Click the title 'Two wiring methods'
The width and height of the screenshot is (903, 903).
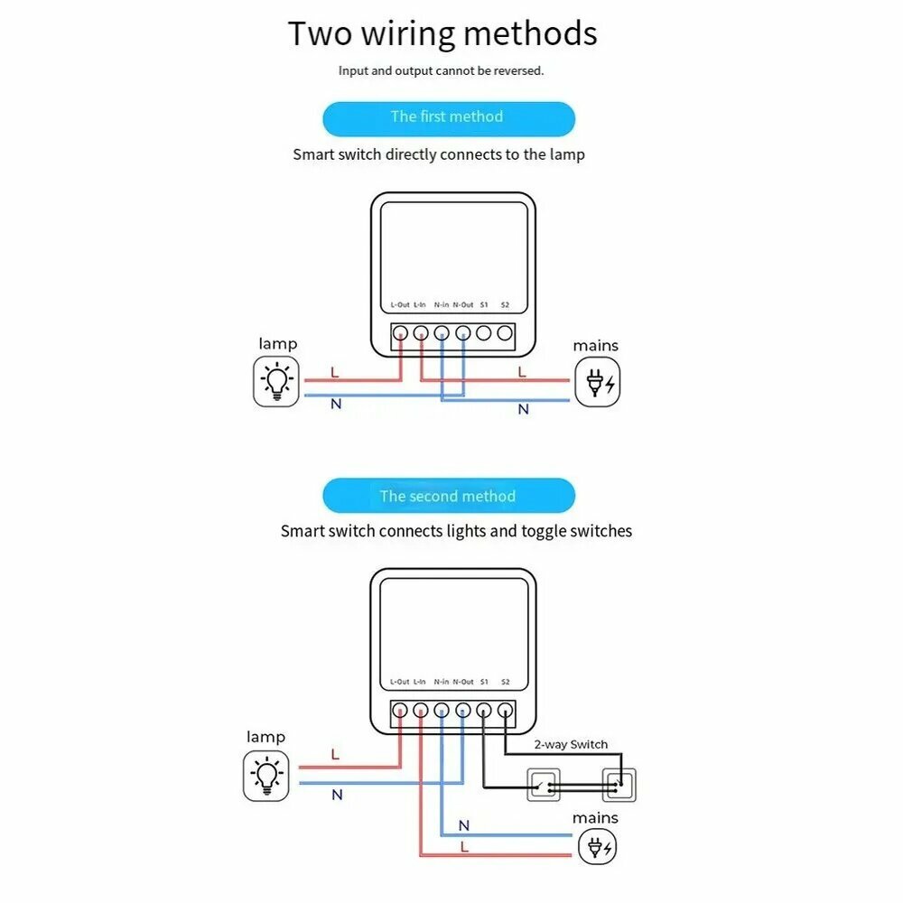pyautogui.click(x=442, y=34)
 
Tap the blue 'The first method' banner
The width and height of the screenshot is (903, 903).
pyautogui.click(x=448, y=117)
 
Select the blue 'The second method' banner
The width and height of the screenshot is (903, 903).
pyautogui.click(x=448, y=496)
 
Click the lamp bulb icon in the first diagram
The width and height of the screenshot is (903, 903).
pyautogui.click(x=275, y=383)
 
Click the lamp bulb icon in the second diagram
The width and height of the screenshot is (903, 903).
pyautogui.click(x=266, y=777)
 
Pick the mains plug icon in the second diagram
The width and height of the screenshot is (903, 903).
pyautogui.click(x=598, y=848)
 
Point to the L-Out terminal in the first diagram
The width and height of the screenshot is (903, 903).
pyautogui.click(x=400, y=332)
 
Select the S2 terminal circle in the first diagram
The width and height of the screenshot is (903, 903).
pyautogui.click(x=505, y=332)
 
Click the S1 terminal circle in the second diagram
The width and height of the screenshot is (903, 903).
pyautogui.click(x=484, y=710)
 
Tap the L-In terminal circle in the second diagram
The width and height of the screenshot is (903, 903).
pyautogui.click(x=421, y=710)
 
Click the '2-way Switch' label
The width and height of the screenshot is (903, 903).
pyautogui.click(x=570, y=745)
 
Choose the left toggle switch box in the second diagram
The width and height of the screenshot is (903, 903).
pyautogui.click(x=543, y=786)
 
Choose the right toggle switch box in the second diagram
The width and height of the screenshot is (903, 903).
pyautogui.click(x=619, y=786)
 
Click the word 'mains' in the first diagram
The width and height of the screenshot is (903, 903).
pyautogui.click(x=596, y=346)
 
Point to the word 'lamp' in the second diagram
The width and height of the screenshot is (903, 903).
pyautogui.click(x=265, y=737)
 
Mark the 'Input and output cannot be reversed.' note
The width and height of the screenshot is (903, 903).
pyautogui.click(x=442, y=70)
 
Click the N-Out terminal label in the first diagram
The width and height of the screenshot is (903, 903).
pyautogui.click(x=462, y=305)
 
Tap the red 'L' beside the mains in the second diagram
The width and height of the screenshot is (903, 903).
pyautogui.click(x=465, y=847)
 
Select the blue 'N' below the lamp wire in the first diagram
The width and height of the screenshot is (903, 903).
pyautogui.click(x=336, y=404)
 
